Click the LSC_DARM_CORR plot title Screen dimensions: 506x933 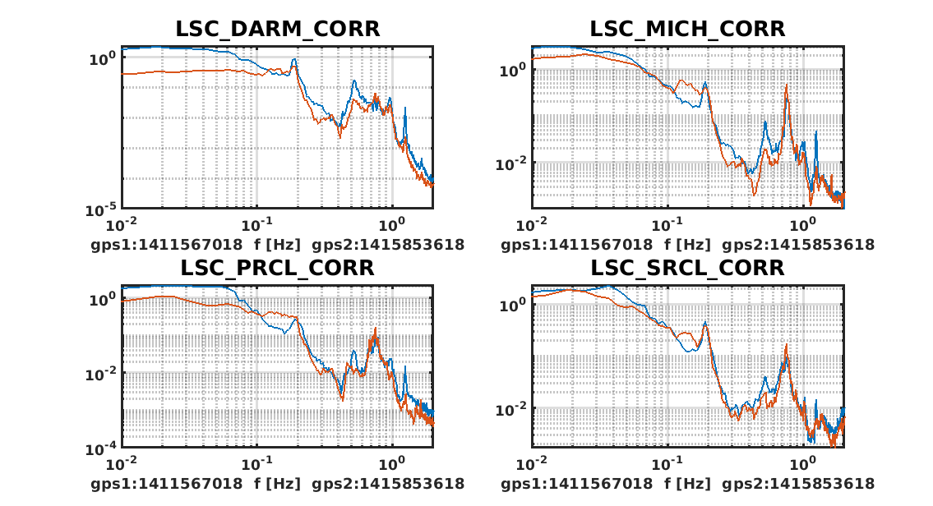277,29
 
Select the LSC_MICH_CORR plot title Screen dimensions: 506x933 687,29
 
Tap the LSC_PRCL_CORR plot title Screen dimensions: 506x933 277,268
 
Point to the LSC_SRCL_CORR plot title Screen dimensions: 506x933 687,268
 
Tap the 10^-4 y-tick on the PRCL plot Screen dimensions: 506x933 102,448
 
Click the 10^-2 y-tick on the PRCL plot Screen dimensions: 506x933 102,374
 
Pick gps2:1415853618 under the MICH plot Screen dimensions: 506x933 806,244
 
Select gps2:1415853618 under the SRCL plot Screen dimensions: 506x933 806,483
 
